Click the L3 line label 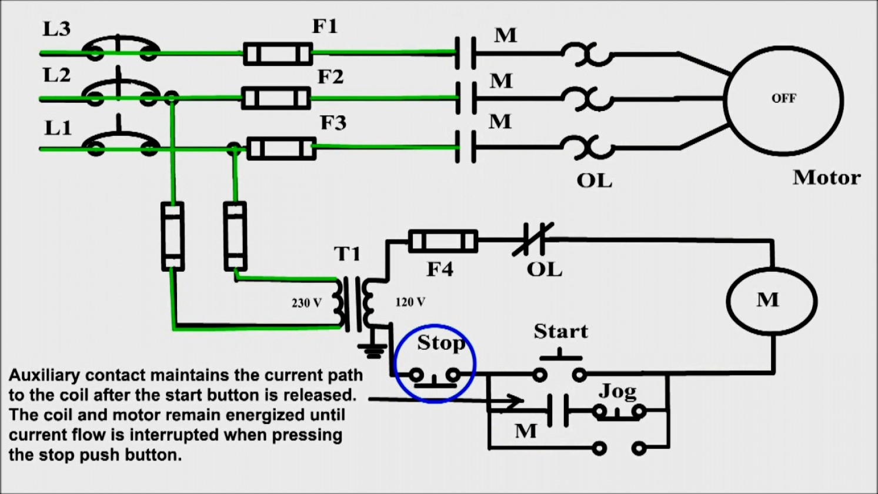coord(56,28)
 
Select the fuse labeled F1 coord(278,54)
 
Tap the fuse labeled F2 coord(276,98)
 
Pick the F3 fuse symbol coord(281,148)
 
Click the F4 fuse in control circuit coord(443,241)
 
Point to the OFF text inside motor coord(784,98)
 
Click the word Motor coord(826,177)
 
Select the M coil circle coord(772,301)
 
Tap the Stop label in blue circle coord(440,342)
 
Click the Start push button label coord(560,331)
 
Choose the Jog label coord(617,390)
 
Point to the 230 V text coord(306,303)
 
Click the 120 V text coord(410,302)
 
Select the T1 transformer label coord(347,253)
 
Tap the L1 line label coord(58,128)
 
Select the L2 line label coord(56,75)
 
